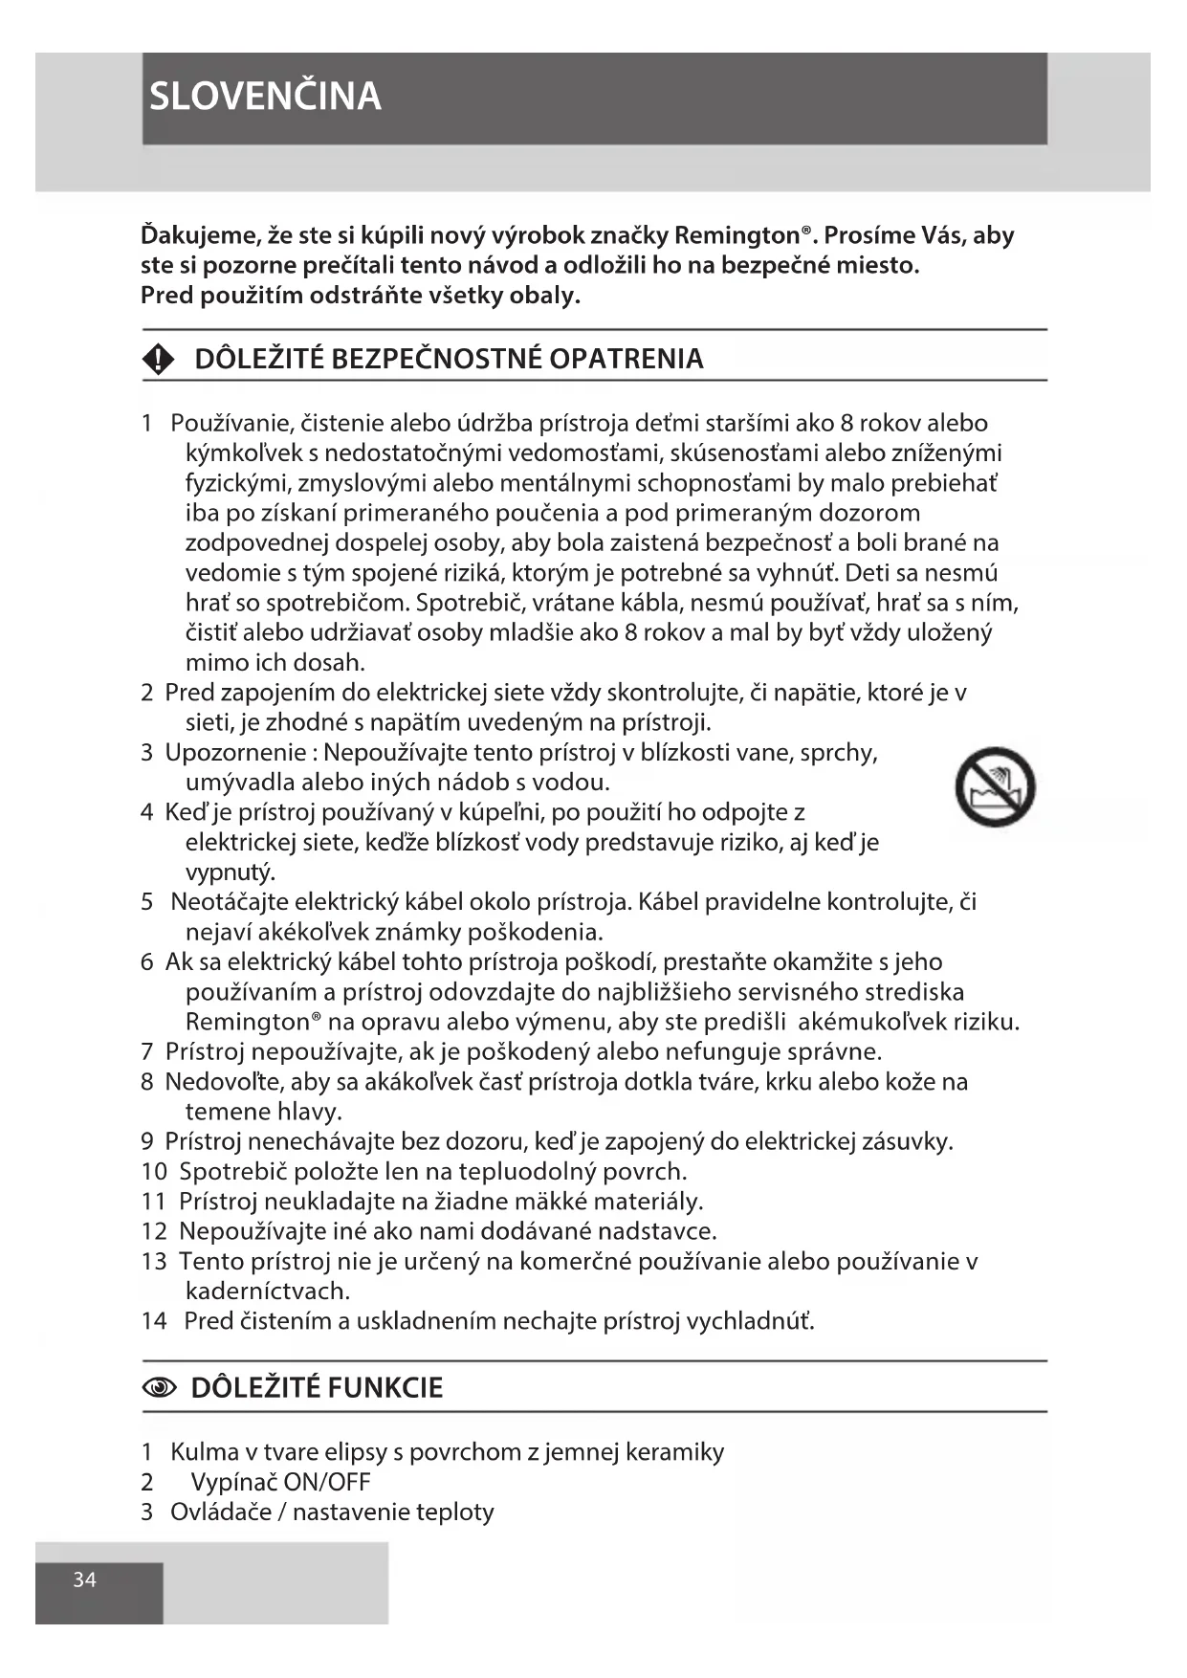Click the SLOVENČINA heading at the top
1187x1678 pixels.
[265, 97]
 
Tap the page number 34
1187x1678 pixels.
[85, 1579]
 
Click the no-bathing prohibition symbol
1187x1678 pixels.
[995, 787]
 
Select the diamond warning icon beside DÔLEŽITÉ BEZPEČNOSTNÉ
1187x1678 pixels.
[158, 359]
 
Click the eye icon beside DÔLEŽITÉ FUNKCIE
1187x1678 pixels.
[160, 1388]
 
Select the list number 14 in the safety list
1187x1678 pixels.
[153, 1321]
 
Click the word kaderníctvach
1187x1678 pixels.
[268, 1291]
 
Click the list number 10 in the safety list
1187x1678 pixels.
[154, 1171]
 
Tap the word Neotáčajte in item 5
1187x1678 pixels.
[229, 902]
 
